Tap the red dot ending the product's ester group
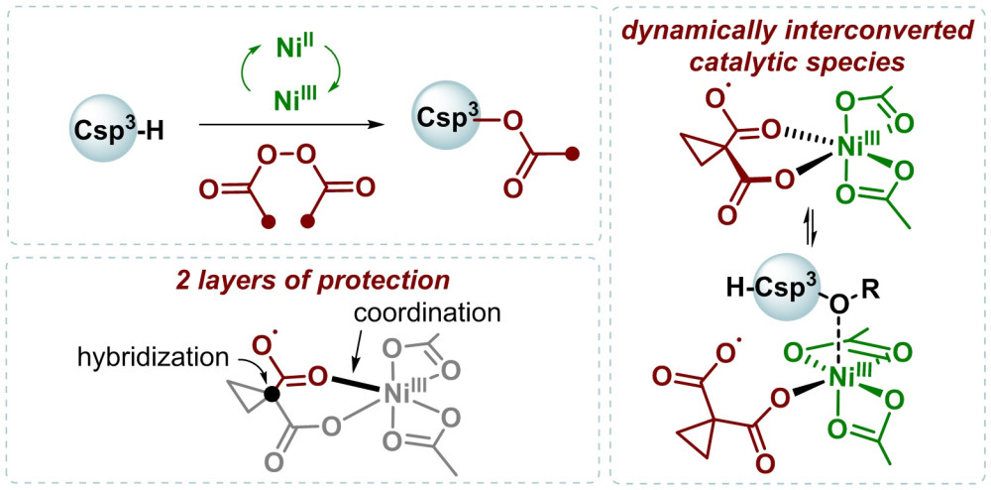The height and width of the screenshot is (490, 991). [x=571, y=153]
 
